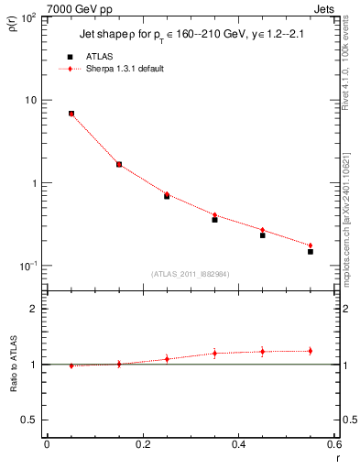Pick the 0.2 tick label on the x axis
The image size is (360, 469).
(x=142, y=444)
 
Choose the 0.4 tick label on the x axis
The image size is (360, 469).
(x=238, y=444)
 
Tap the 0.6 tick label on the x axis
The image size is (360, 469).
(x=333, y=444)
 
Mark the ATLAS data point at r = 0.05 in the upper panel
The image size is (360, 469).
(x=71, y=114)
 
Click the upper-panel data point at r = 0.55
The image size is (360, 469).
(x=311, y=251)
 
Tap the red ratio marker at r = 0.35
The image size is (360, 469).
(x=214, y=353)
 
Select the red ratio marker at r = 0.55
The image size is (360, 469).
(x=311, y=351)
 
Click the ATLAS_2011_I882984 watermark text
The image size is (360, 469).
(x=191, y=273)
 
